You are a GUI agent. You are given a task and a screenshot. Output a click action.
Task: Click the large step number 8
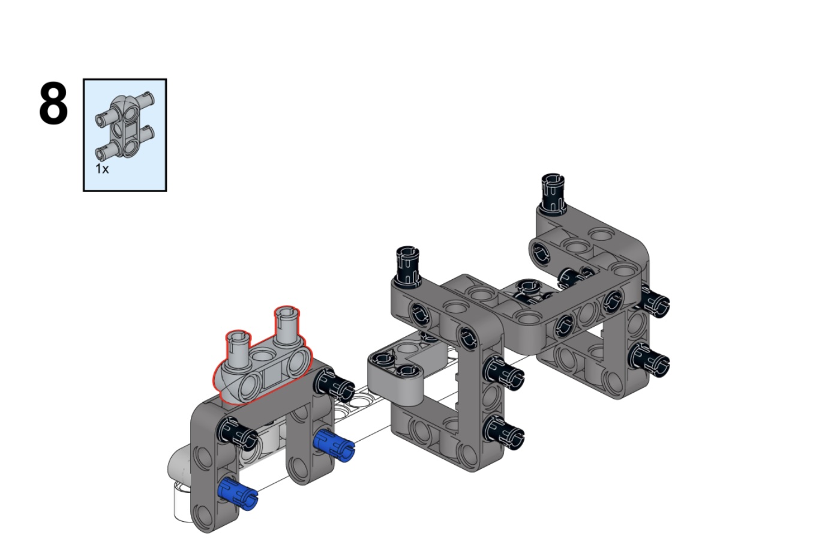[53, 103]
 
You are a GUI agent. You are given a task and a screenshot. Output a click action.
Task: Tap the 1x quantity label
[101, 169]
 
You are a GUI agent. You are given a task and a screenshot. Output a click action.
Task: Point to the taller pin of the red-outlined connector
[287, 324]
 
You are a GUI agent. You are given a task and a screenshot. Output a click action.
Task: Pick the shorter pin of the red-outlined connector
[238, 346]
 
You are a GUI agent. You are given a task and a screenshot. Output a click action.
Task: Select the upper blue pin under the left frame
[334, 444]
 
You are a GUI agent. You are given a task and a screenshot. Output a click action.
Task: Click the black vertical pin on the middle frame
[407, 265]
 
